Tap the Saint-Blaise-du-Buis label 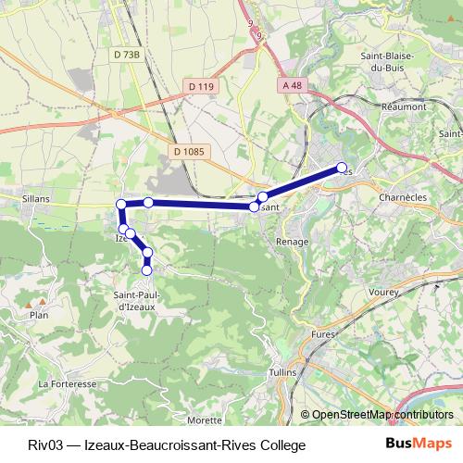[388, 62]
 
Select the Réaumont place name [404, 106]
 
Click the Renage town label [291, 241]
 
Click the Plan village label [39, 315]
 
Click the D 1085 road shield [192, 151]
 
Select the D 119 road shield [199, 86]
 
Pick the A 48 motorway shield [292, 85]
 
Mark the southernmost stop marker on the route [146, 269]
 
